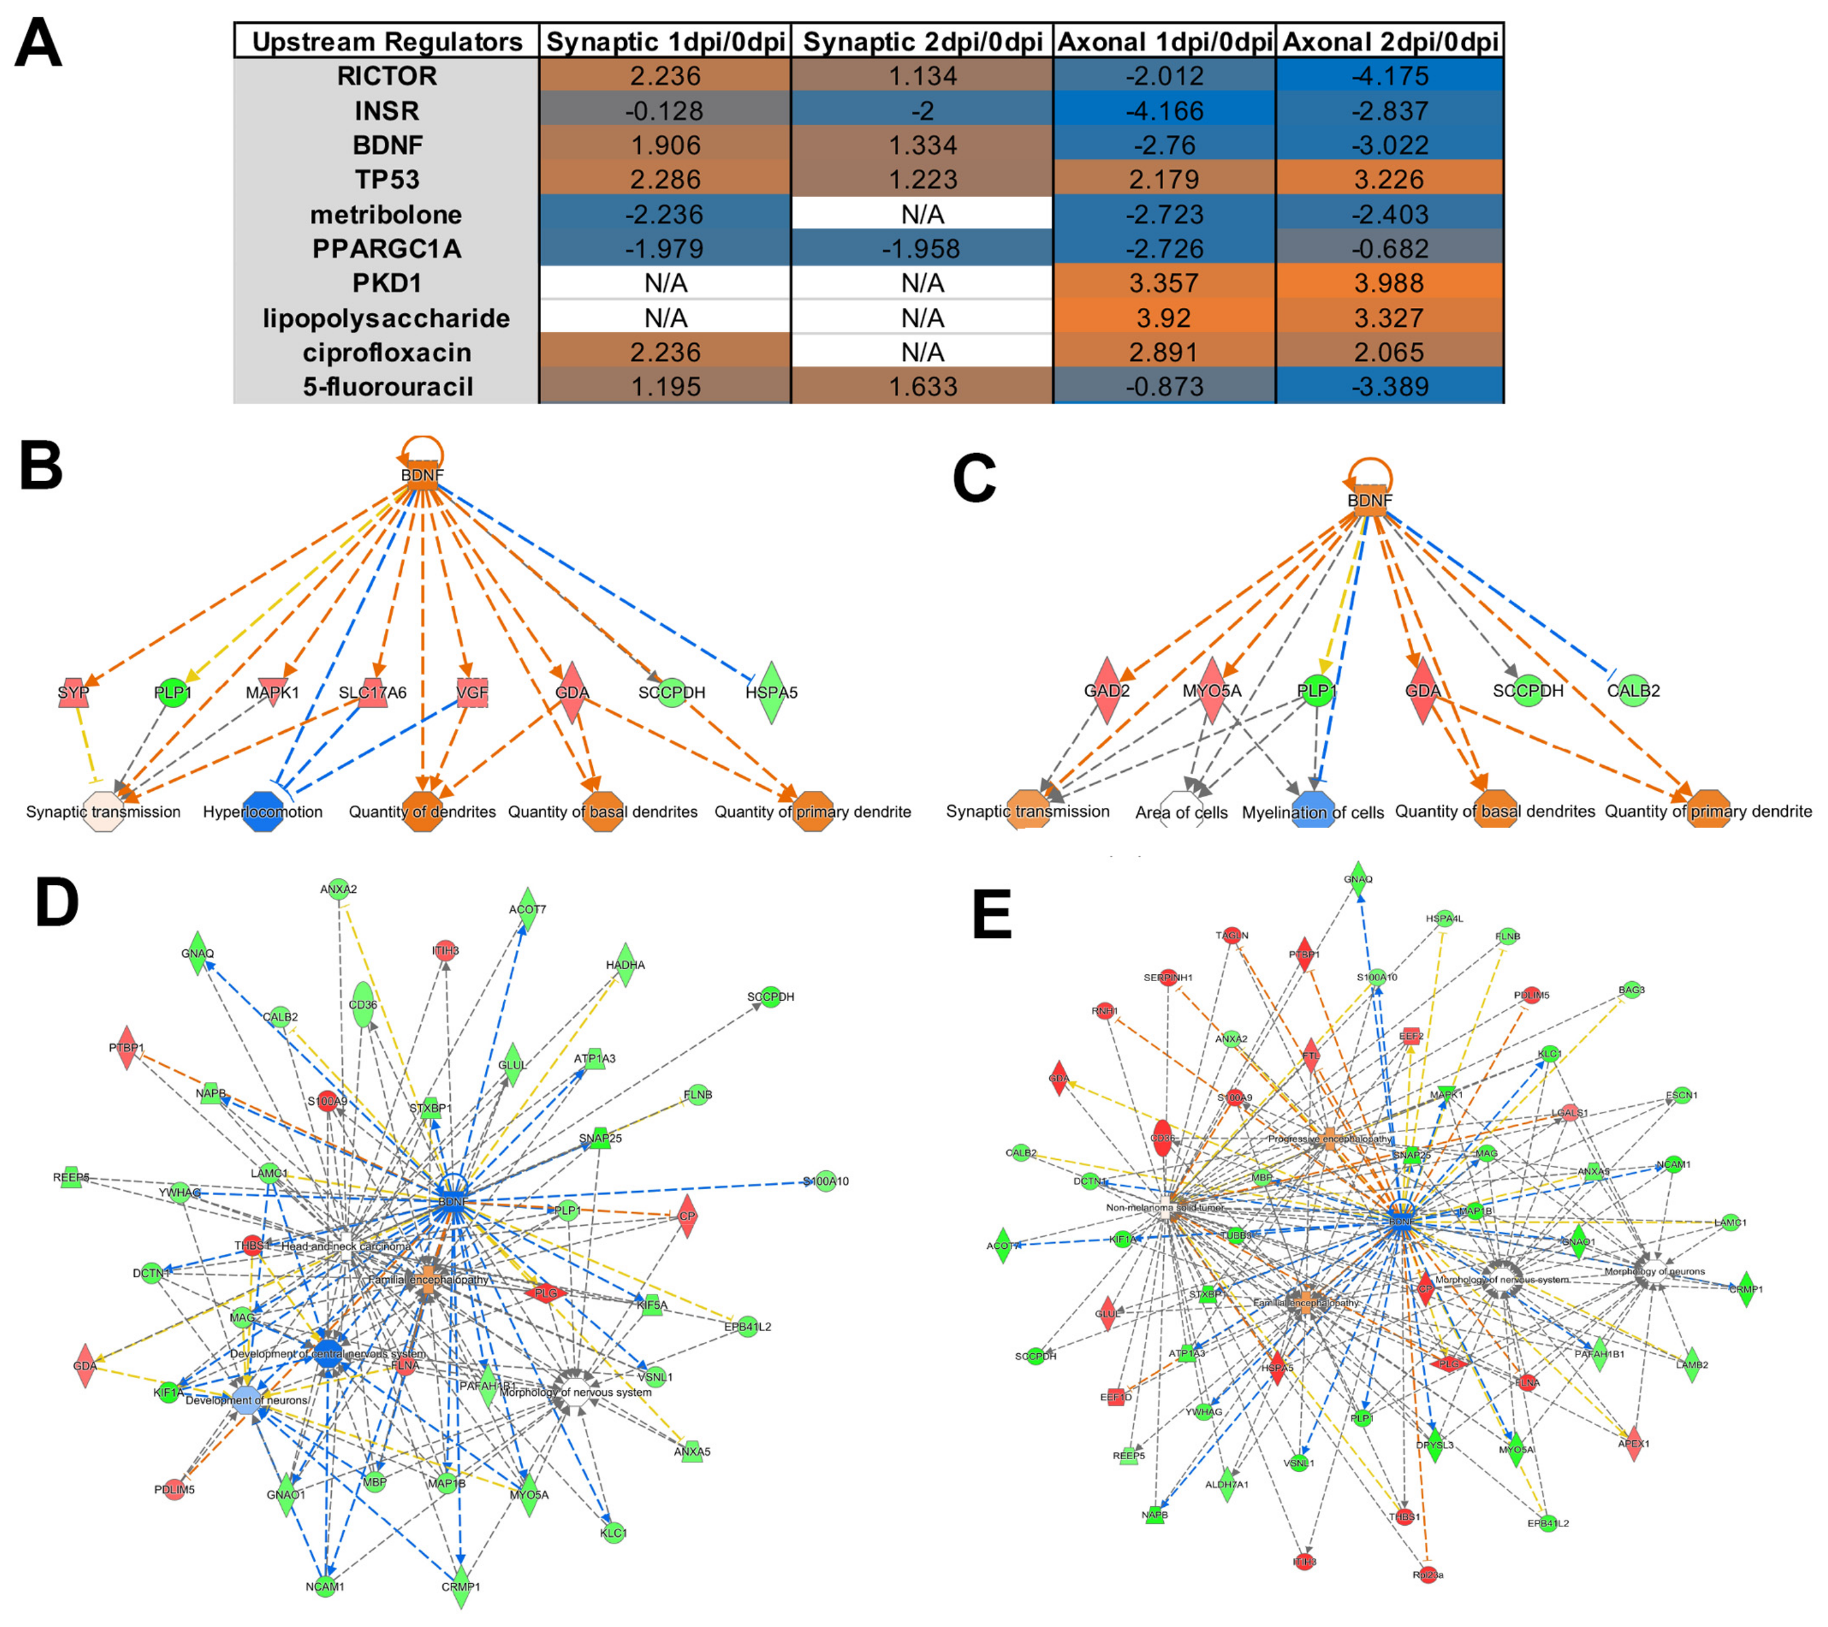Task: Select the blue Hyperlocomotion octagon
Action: point(263,811)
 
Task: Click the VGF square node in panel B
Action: point(472,693)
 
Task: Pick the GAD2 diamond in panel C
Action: point(1106,691)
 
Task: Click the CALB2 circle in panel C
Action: point(1633,690)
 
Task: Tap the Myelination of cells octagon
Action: point(1313,812)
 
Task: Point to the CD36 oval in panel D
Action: point(362,1005)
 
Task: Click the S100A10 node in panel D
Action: point(825,1181)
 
